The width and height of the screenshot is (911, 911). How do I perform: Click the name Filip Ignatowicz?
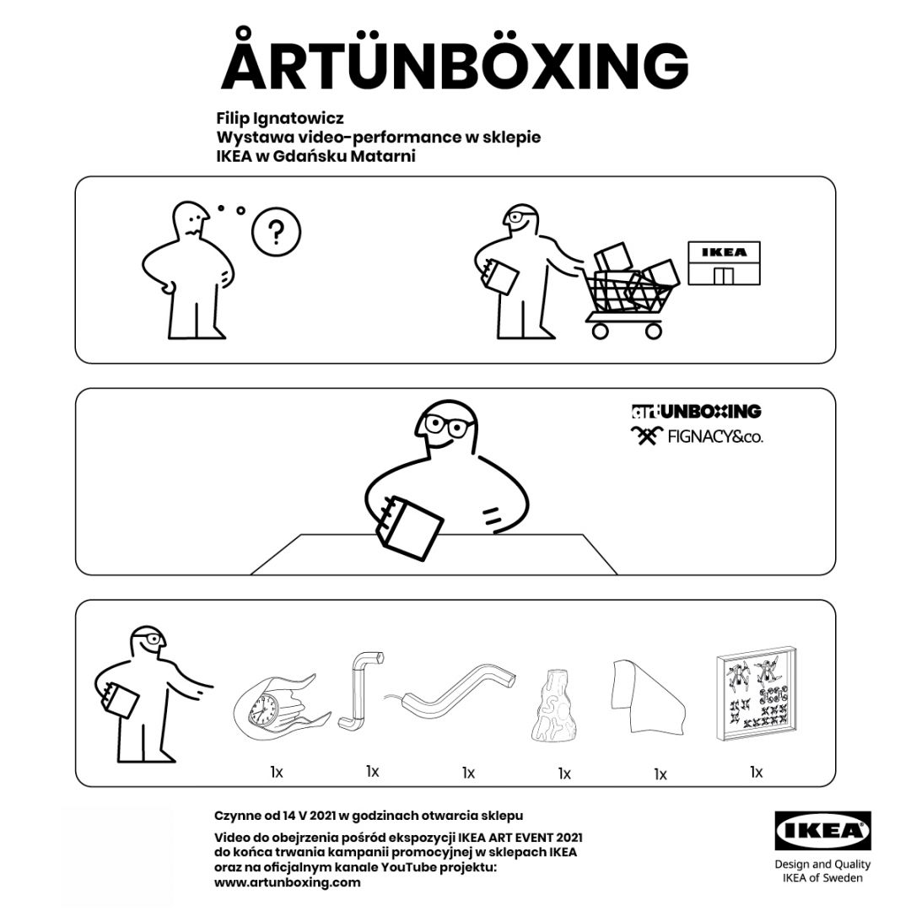(x=280, y=119)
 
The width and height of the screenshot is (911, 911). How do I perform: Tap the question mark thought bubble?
(x=276, y=232)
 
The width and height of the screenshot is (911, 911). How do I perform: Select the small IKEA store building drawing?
(x=724, y=263)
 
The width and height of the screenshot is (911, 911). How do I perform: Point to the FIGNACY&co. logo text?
(x=715, y=436)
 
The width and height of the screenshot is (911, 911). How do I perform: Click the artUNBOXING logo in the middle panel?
(x=696, y=412)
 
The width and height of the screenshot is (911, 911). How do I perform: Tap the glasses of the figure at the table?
(x=448, y=425)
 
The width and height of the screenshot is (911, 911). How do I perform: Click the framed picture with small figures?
(x=755, y=694)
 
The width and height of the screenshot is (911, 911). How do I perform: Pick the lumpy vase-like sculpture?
(x=553, y=707)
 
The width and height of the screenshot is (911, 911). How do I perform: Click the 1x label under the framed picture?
(x=756, y=772)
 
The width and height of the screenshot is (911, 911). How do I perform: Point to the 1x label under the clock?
(x=276, y=772)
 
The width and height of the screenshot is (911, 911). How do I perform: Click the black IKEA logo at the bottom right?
(x=822, y=830)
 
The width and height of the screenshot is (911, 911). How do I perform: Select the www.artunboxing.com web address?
(x=287, y=882)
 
